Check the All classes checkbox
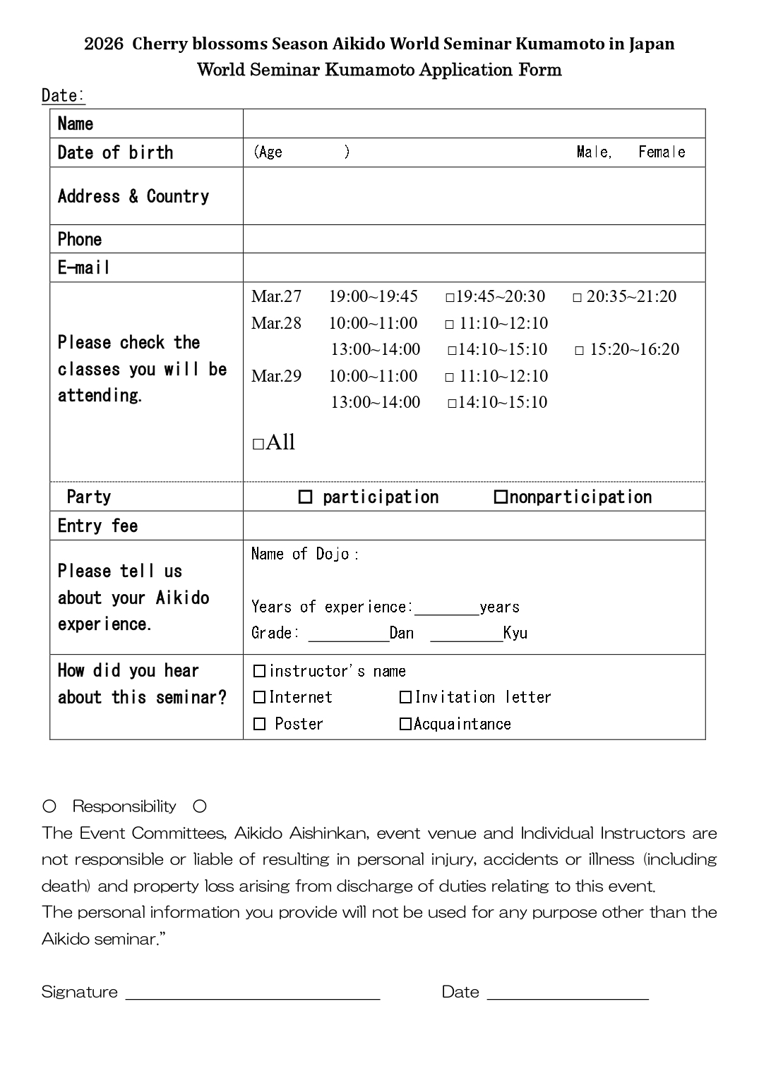tap(258, 444)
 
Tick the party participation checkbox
tap(305, 497)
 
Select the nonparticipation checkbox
tap(500, 497)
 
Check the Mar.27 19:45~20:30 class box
tap(450, 298)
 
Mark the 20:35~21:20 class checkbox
tap(577, 298)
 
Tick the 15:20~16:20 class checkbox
tap(580, 351)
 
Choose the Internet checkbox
tap(259, 698)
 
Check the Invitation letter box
tap(405, 698)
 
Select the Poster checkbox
tap(259, 725)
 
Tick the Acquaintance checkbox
tap(405, 725)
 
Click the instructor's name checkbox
tap(259, 671)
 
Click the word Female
tap(662, 152)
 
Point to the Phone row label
tap(80, 239)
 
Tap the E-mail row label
tap(84, 268)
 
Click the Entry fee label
tap(97, 526)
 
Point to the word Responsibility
tap(124, 806)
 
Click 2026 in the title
tap(103, 44)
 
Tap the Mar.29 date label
tap(276, 376)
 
